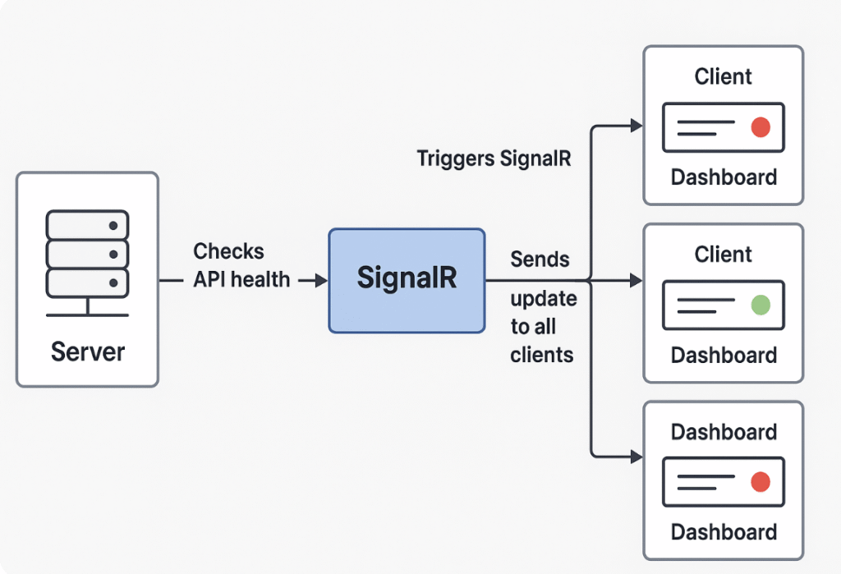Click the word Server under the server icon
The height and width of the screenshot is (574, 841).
[87, 352]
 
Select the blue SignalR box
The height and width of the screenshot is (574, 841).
[407, 281]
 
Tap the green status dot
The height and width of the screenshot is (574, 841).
[761, 305]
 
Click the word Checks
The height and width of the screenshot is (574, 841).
[228, 251]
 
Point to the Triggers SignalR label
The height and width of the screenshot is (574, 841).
[494, 158]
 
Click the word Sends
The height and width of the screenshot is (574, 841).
[540, 259]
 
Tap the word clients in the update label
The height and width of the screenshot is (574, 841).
[542, 355]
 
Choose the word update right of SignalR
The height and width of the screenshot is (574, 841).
[544, 299]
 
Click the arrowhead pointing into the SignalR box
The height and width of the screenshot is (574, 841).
[321, 280]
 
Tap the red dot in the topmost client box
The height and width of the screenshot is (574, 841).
[761, 127]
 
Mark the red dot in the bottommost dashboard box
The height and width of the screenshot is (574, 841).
[761, 482]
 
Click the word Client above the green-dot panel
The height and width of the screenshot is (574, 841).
[723, 255]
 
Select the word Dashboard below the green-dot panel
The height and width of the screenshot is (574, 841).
[724, 355]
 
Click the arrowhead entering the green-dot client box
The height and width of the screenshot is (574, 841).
[636, 280]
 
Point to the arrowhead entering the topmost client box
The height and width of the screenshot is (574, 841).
[636, 126]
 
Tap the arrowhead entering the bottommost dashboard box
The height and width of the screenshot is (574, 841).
[636, 457]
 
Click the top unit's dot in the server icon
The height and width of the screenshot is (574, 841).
[113, 226]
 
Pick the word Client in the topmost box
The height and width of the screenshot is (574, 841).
[723, 76]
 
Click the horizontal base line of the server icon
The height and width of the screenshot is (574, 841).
[87, 315]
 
